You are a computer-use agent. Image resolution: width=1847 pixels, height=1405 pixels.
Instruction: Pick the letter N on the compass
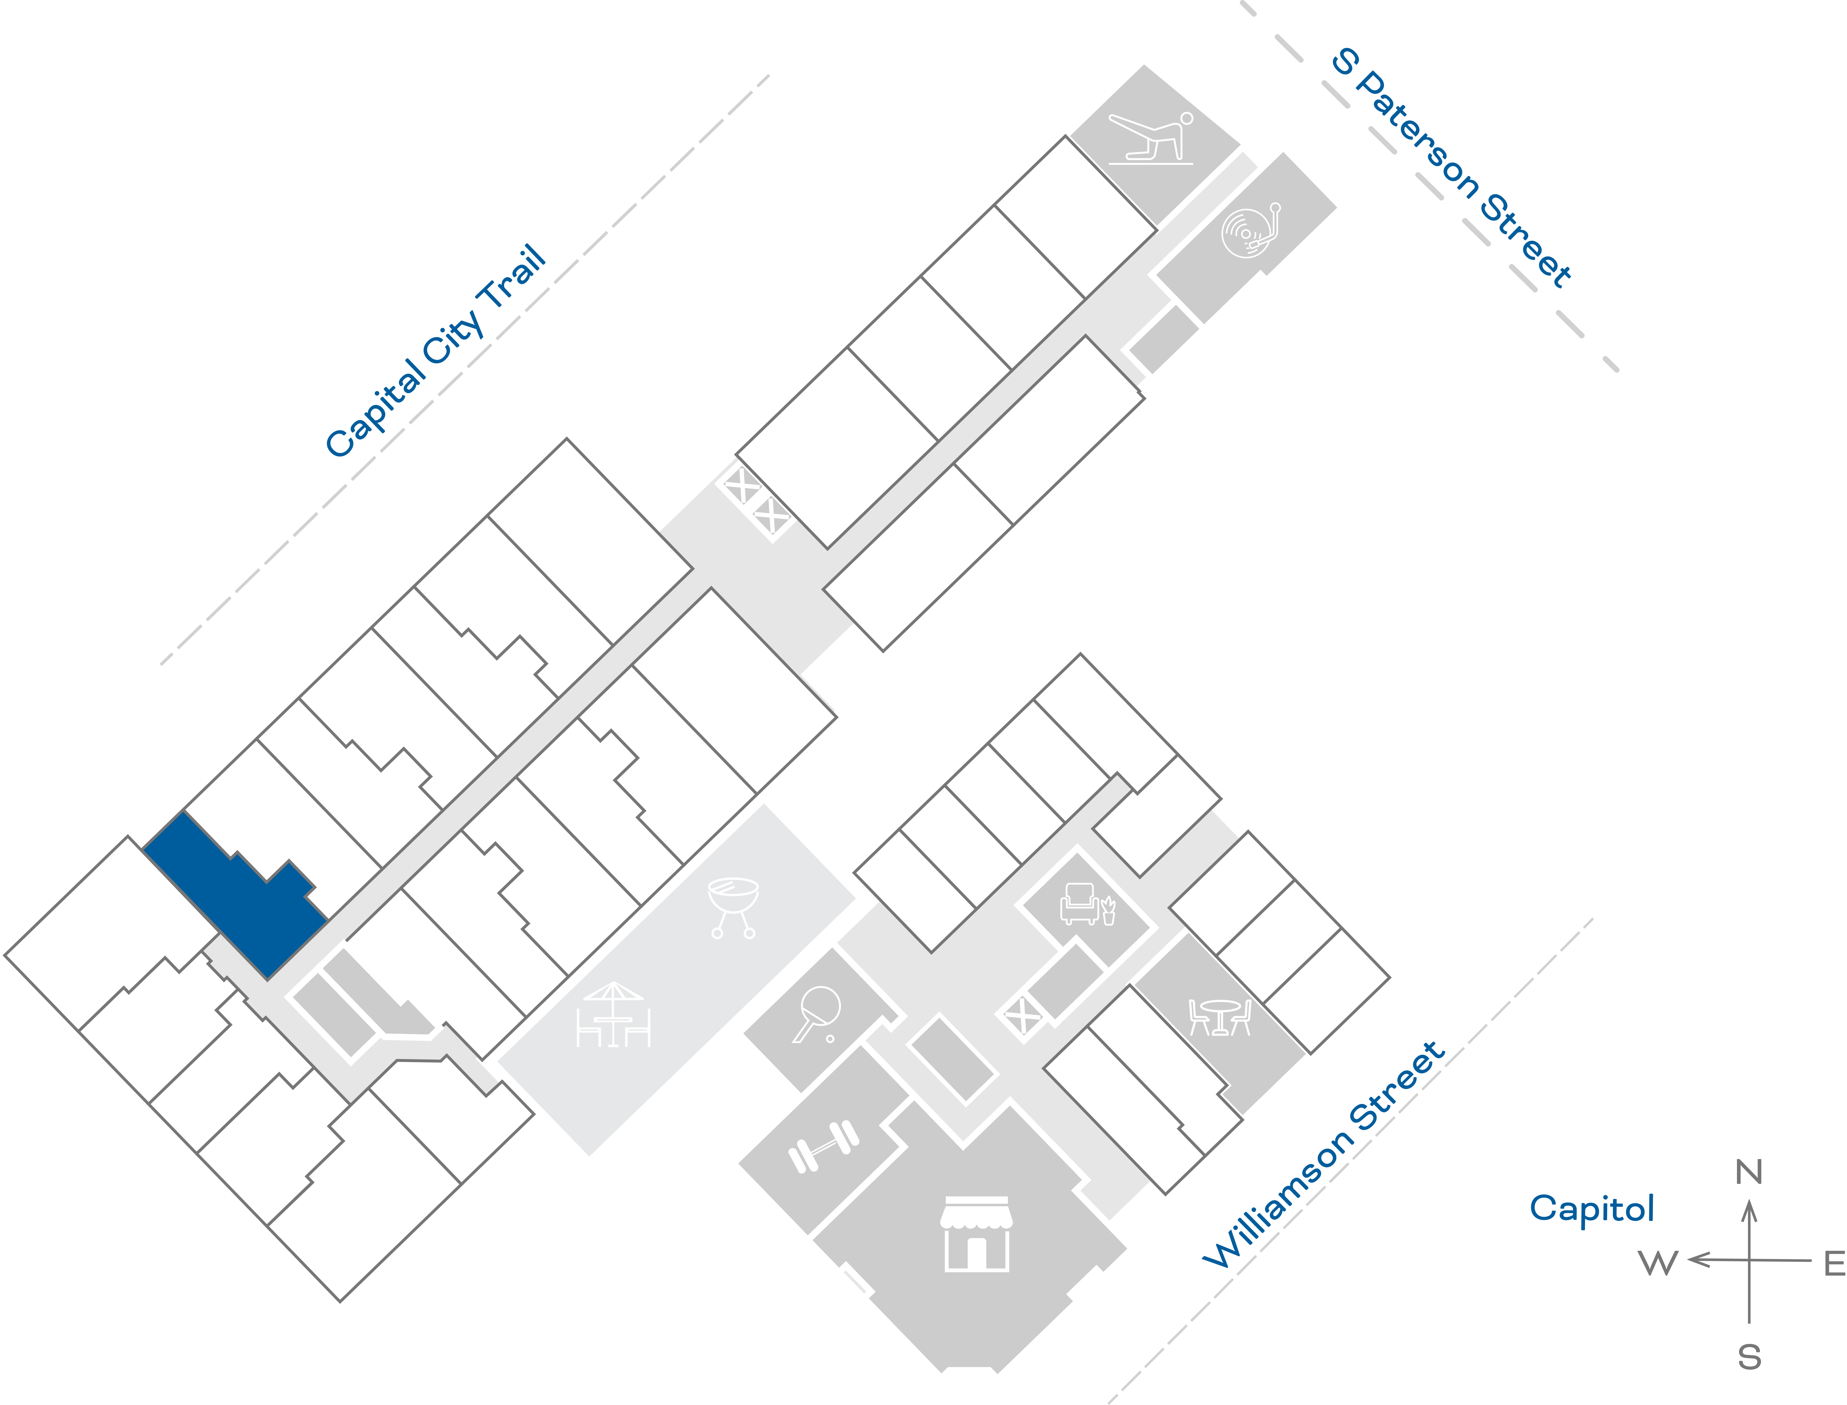tap(1748, 1172)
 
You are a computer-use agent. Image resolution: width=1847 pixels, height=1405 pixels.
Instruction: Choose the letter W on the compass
tap(1658, 1263)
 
